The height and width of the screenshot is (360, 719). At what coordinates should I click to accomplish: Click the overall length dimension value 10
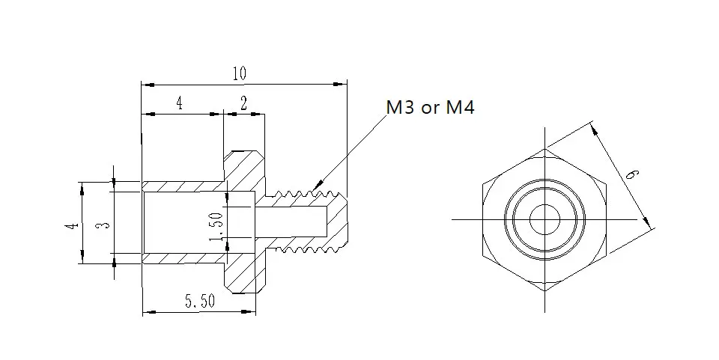point(240,73)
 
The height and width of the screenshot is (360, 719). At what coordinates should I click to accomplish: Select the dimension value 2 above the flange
point(243,103)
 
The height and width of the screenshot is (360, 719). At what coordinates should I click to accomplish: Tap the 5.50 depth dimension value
point(199,301)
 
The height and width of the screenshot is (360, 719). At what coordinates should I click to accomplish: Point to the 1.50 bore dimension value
point(216,226)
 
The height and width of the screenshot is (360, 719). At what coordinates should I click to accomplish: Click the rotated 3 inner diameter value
point(105,225)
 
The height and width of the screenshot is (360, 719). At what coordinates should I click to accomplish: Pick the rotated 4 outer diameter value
point(71,225)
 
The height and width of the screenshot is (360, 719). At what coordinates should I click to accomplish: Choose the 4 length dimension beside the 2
point(179,103)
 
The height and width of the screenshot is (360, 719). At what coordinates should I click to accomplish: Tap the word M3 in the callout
point(401,107)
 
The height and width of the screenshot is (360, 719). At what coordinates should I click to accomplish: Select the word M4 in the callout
point(461,107)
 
